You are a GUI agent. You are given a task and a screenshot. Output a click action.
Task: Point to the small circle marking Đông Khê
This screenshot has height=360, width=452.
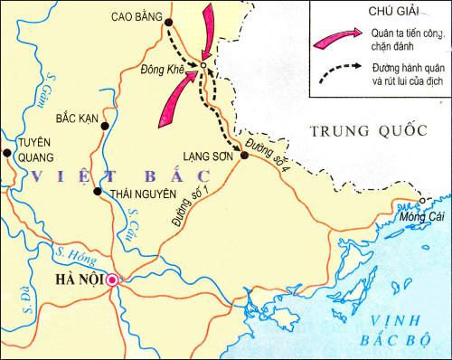203,65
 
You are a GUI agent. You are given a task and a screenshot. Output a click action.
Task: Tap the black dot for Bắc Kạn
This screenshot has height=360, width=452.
106,126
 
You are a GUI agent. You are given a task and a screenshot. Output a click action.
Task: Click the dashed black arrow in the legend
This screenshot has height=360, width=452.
331,72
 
